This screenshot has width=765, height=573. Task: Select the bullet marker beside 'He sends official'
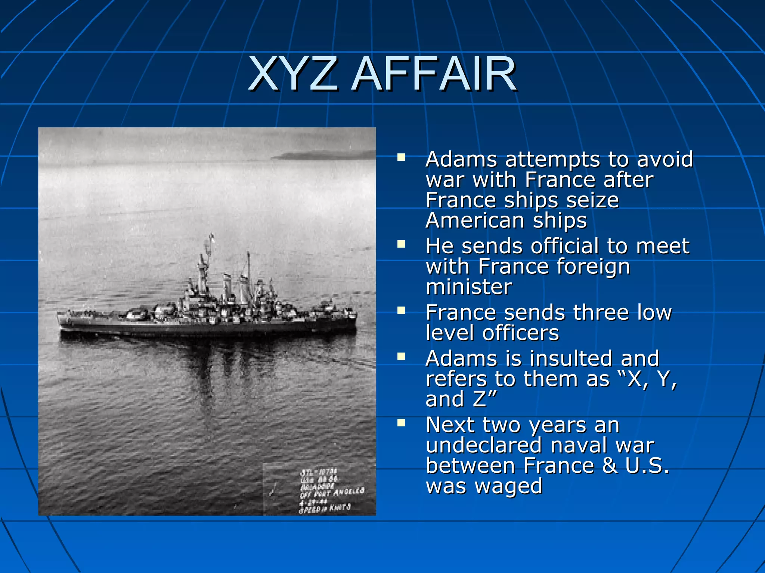[401, 244]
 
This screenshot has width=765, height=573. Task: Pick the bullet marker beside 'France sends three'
[401, 310]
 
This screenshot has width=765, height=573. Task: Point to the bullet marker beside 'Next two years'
[401, 423]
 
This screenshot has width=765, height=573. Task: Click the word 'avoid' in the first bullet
[665, 159]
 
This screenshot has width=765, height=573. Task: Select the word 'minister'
[469, 287]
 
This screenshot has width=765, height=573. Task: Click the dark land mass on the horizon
[321, 155]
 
